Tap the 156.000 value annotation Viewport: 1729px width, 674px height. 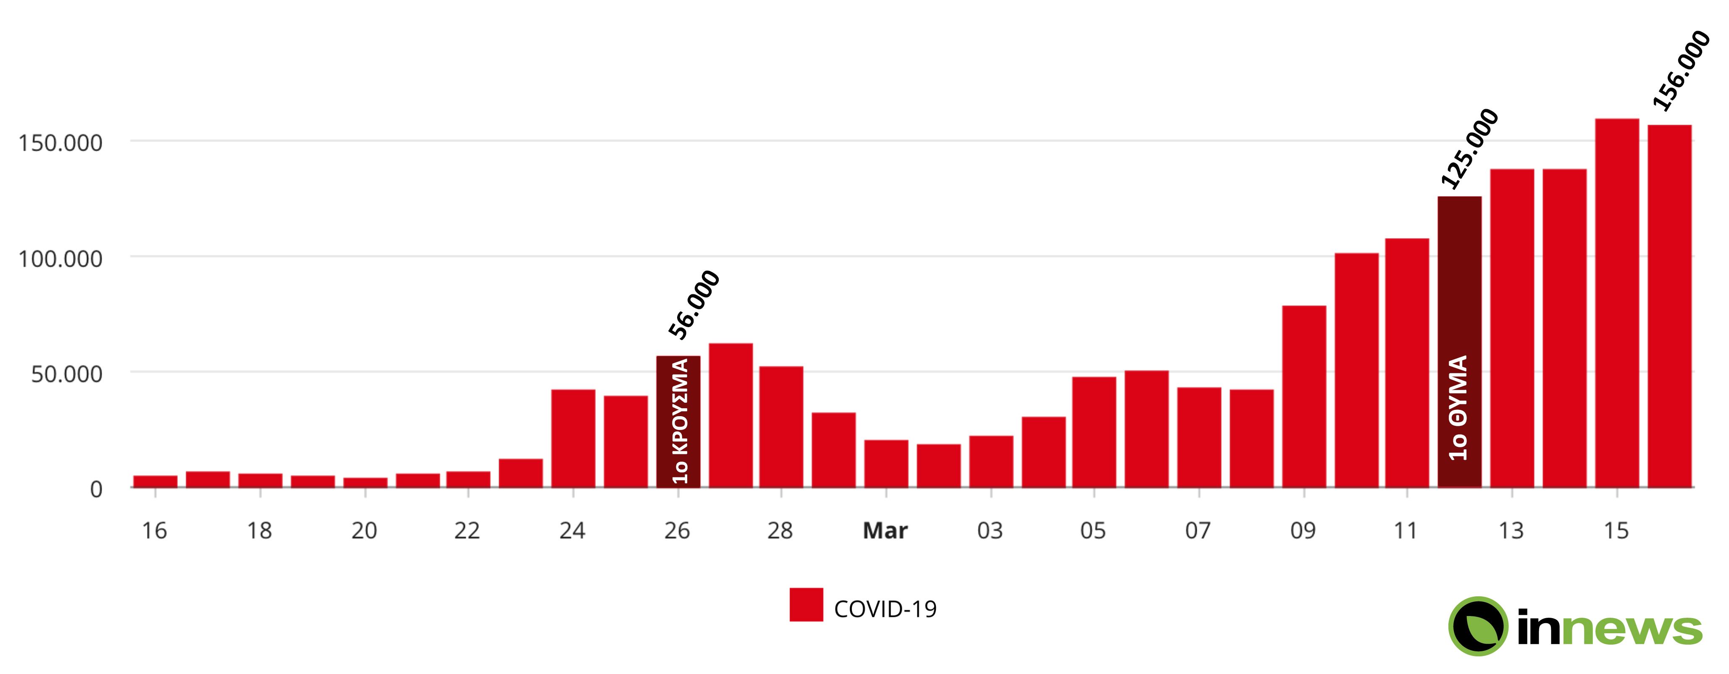coord(1682,71)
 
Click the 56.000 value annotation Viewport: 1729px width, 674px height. coord(694,304)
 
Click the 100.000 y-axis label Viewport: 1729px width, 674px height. coord(60,258)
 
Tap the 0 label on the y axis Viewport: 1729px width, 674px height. coord(96,489)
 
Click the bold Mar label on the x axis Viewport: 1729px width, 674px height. coord(885,531)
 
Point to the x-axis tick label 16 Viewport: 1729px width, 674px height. coord(155,531)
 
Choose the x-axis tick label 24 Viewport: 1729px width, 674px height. coord(573,531)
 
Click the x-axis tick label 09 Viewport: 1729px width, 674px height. coord(1303,531)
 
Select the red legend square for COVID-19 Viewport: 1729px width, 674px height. coord(806,605)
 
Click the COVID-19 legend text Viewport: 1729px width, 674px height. coord(885,609)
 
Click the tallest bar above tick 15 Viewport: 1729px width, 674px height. coord(1617,302)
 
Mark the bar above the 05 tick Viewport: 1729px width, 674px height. coord(1094,432)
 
